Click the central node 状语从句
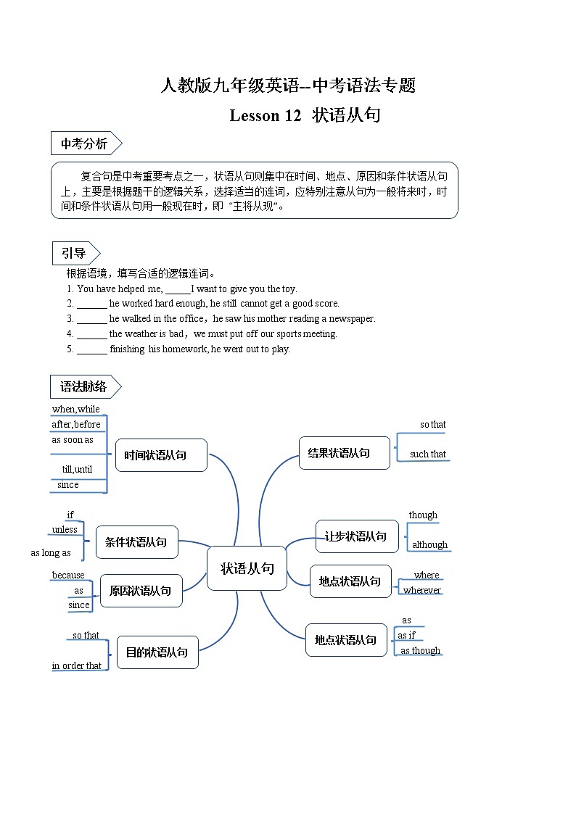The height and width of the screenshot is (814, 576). pyautogui.click(x=247, y=568)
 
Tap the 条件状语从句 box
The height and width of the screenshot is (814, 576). pyautogui.click(x=136, y=542)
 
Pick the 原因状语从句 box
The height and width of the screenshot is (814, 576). pyautogui.click(x=141, y=591)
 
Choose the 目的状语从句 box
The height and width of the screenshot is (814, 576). pyautogui.click(x=157, y=652)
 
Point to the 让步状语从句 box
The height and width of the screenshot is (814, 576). pyautogui.click(x=356, y=536)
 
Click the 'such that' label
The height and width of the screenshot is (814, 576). pyautogui.click(x=427, y=454)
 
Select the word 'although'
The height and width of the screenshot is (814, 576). pyautogui.click(x=429, y=545)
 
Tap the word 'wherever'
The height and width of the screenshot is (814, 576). pyautogui.click(x=421, y=590)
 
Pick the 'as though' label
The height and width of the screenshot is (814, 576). pyautogui.click(x=420, y=651)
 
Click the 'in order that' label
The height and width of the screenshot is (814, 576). pyautogui.click(x=76, y=666)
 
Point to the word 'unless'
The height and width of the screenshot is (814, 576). pyautogui.click(x=65, y=530)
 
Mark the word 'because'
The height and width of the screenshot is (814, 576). pyautogui.click(x=68, y=576)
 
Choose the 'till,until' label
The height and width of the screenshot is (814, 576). pyautogui.click(x=77, y=470)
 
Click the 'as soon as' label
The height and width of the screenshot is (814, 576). pyautogui.click(x=72, y=440)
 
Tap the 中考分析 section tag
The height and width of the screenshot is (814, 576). pyautogui.click(x=84, y=144)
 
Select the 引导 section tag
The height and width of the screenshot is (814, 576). pyautogui.click(x=74, y=254)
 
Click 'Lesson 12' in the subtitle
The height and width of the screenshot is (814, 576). pyautogui.click(x=265, y=115)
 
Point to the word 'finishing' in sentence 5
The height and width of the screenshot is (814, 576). pyautogui.click(x=127, y=349)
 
